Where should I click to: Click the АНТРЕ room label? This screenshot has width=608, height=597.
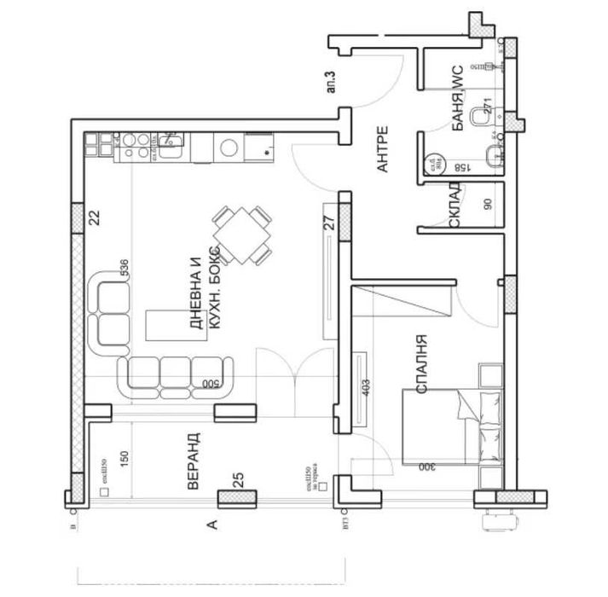click(383, 150)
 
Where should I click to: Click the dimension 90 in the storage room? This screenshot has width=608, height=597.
click(489, 206)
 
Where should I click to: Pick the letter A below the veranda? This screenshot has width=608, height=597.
click(213, 525)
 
